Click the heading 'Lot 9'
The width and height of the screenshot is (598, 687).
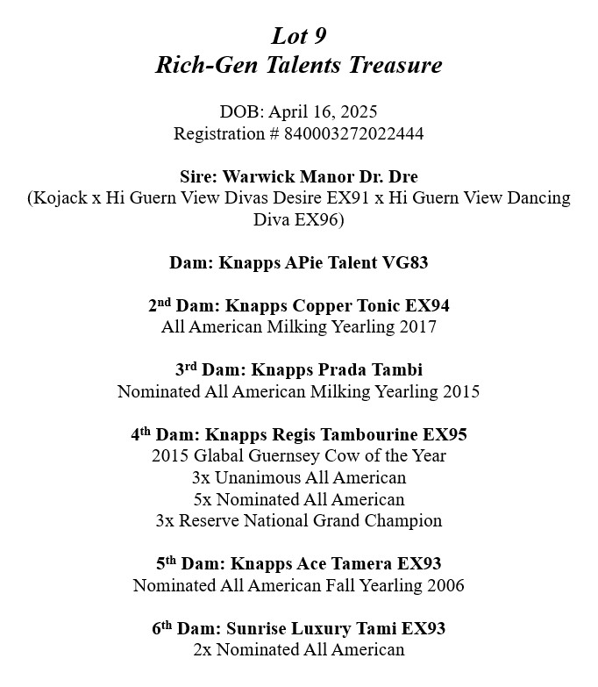tap(299, 36)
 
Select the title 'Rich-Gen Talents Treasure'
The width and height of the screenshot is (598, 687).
tap(299, 65)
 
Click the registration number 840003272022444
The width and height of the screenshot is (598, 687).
tap(346, 133)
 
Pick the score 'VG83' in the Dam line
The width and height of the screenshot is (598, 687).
tap(405, 262)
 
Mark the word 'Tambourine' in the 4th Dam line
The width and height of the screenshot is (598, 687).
tap(362, 434)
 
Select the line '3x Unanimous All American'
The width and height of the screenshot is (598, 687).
tap(299, 478)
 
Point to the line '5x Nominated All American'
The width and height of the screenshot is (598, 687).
tap(299, 499)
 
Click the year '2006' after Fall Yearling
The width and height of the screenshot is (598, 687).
tap(445, 585)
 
